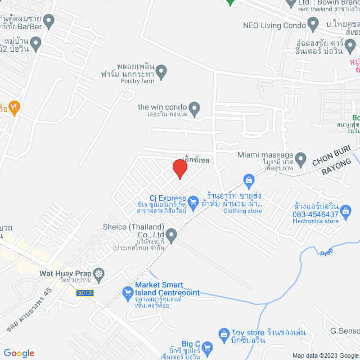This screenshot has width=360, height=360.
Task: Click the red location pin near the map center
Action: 179,169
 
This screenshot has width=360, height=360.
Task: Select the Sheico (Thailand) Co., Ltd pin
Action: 172,235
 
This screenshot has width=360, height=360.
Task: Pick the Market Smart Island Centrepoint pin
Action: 128,292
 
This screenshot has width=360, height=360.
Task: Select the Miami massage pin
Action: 301,157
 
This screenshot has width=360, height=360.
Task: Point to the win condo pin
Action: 194,107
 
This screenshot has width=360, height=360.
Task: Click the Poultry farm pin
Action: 161,71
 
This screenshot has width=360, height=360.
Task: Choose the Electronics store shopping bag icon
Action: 346,212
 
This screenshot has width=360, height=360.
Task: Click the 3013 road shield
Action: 85,293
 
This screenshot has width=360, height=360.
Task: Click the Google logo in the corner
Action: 18,353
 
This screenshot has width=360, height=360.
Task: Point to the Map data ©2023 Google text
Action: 323,355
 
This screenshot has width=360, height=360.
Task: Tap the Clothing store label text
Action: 242,211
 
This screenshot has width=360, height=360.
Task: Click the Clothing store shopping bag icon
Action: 249,179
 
